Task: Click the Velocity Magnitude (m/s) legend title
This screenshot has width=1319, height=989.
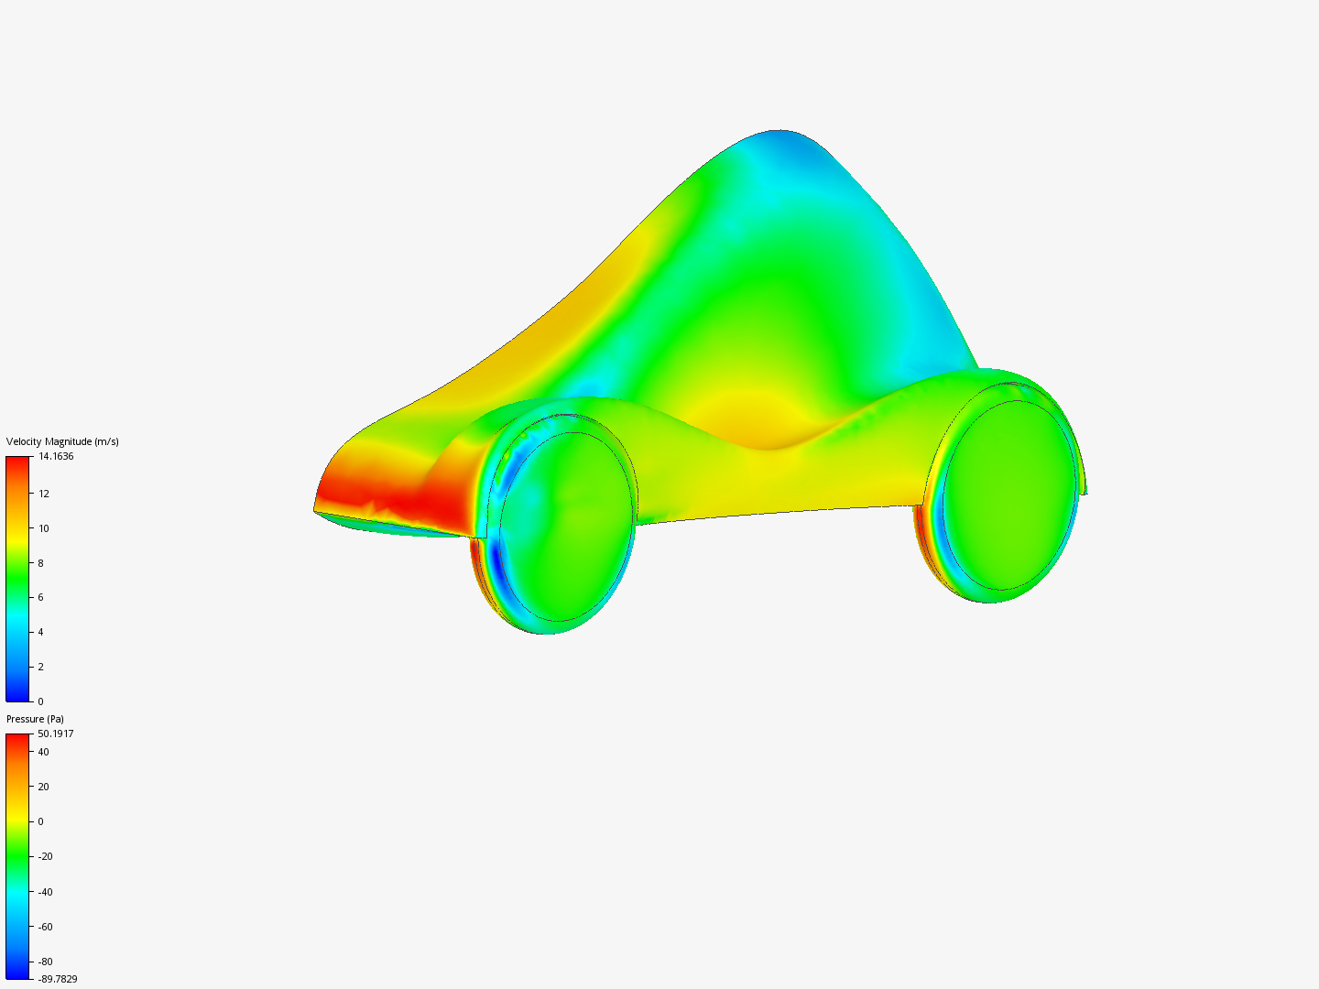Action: pyautogui.click(x=62, y=441)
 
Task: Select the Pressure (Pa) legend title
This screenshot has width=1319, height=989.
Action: pyautogui.click(x=35, y=719)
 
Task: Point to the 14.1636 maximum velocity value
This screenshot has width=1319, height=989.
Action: pyautogui.click(x=56, y=456)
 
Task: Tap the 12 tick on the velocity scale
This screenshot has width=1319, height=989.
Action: pyautogui.click(x=44, y=494)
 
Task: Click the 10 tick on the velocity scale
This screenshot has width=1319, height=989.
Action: pyautogui.click(x=44, y=528)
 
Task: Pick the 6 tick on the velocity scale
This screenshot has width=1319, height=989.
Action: pyautogui.click(x=40, y=597)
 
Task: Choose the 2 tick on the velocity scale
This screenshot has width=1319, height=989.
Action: pyautogui.click(x=40, y=667)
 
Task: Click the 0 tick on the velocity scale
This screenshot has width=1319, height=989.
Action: pyautogui.click(x=40, y=701)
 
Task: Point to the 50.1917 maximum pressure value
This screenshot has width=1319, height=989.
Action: pyautogui.click(x=56, y=734)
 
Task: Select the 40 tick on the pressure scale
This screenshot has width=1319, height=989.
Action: pyautogui.click(x=44, y=752)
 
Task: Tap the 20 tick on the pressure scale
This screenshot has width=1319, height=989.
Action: pyautogui.click(x=44, y=787)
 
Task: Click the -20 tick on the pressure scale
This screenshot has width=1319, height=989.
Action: pyautogui.click(x=46, y=856)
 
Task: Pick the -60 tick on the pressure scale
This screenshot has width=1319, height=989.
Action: pyautogui.click(x=46, y=927)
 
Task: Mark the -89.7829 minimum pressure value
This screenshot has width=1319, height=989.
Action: pyautogui.click(x=58, y=979)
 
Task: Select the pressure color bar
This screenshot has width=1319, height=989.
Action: pyautogui.click(x=17, y=856)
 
